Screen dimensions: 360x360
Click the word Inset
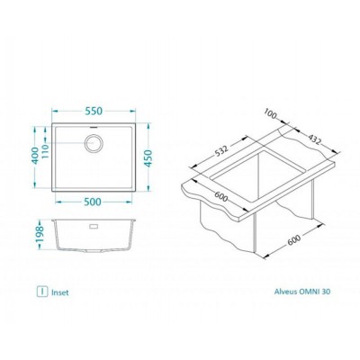59,292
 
